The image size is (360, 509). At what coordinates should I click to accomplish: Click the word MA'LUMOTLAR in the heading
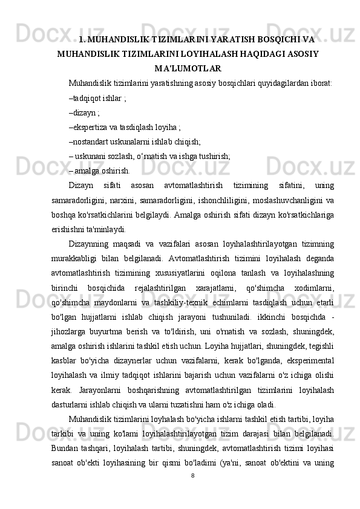(188, 68)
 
